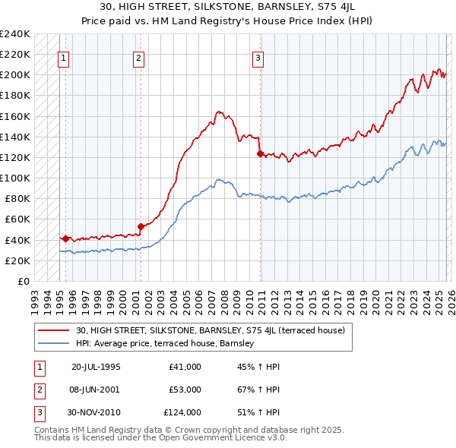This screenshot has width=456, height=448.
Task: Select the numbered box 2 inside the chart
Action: [139, 57]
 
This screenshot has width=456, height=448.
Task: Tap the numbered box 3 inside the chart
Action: [258, 57]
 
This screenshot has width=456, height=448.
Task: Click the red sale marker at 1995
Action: [66, 238]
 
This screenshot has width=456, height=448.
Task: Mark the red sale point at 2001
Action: [141, 226]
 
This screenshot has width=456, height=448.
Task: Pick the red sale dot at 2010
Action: [260, 153]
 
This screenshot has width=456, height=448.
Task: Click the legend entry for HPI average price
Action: [165, 343]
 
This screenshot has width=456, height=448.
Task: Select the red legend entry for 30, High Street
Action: [211, 330]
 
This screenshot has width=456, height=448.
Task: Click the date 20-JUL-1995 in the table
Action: [96, 367]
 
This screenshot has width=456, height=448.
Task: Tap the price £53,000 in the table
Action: [185, 390]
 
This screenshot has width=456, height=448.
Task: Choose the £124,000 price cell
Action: [182, 412]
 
